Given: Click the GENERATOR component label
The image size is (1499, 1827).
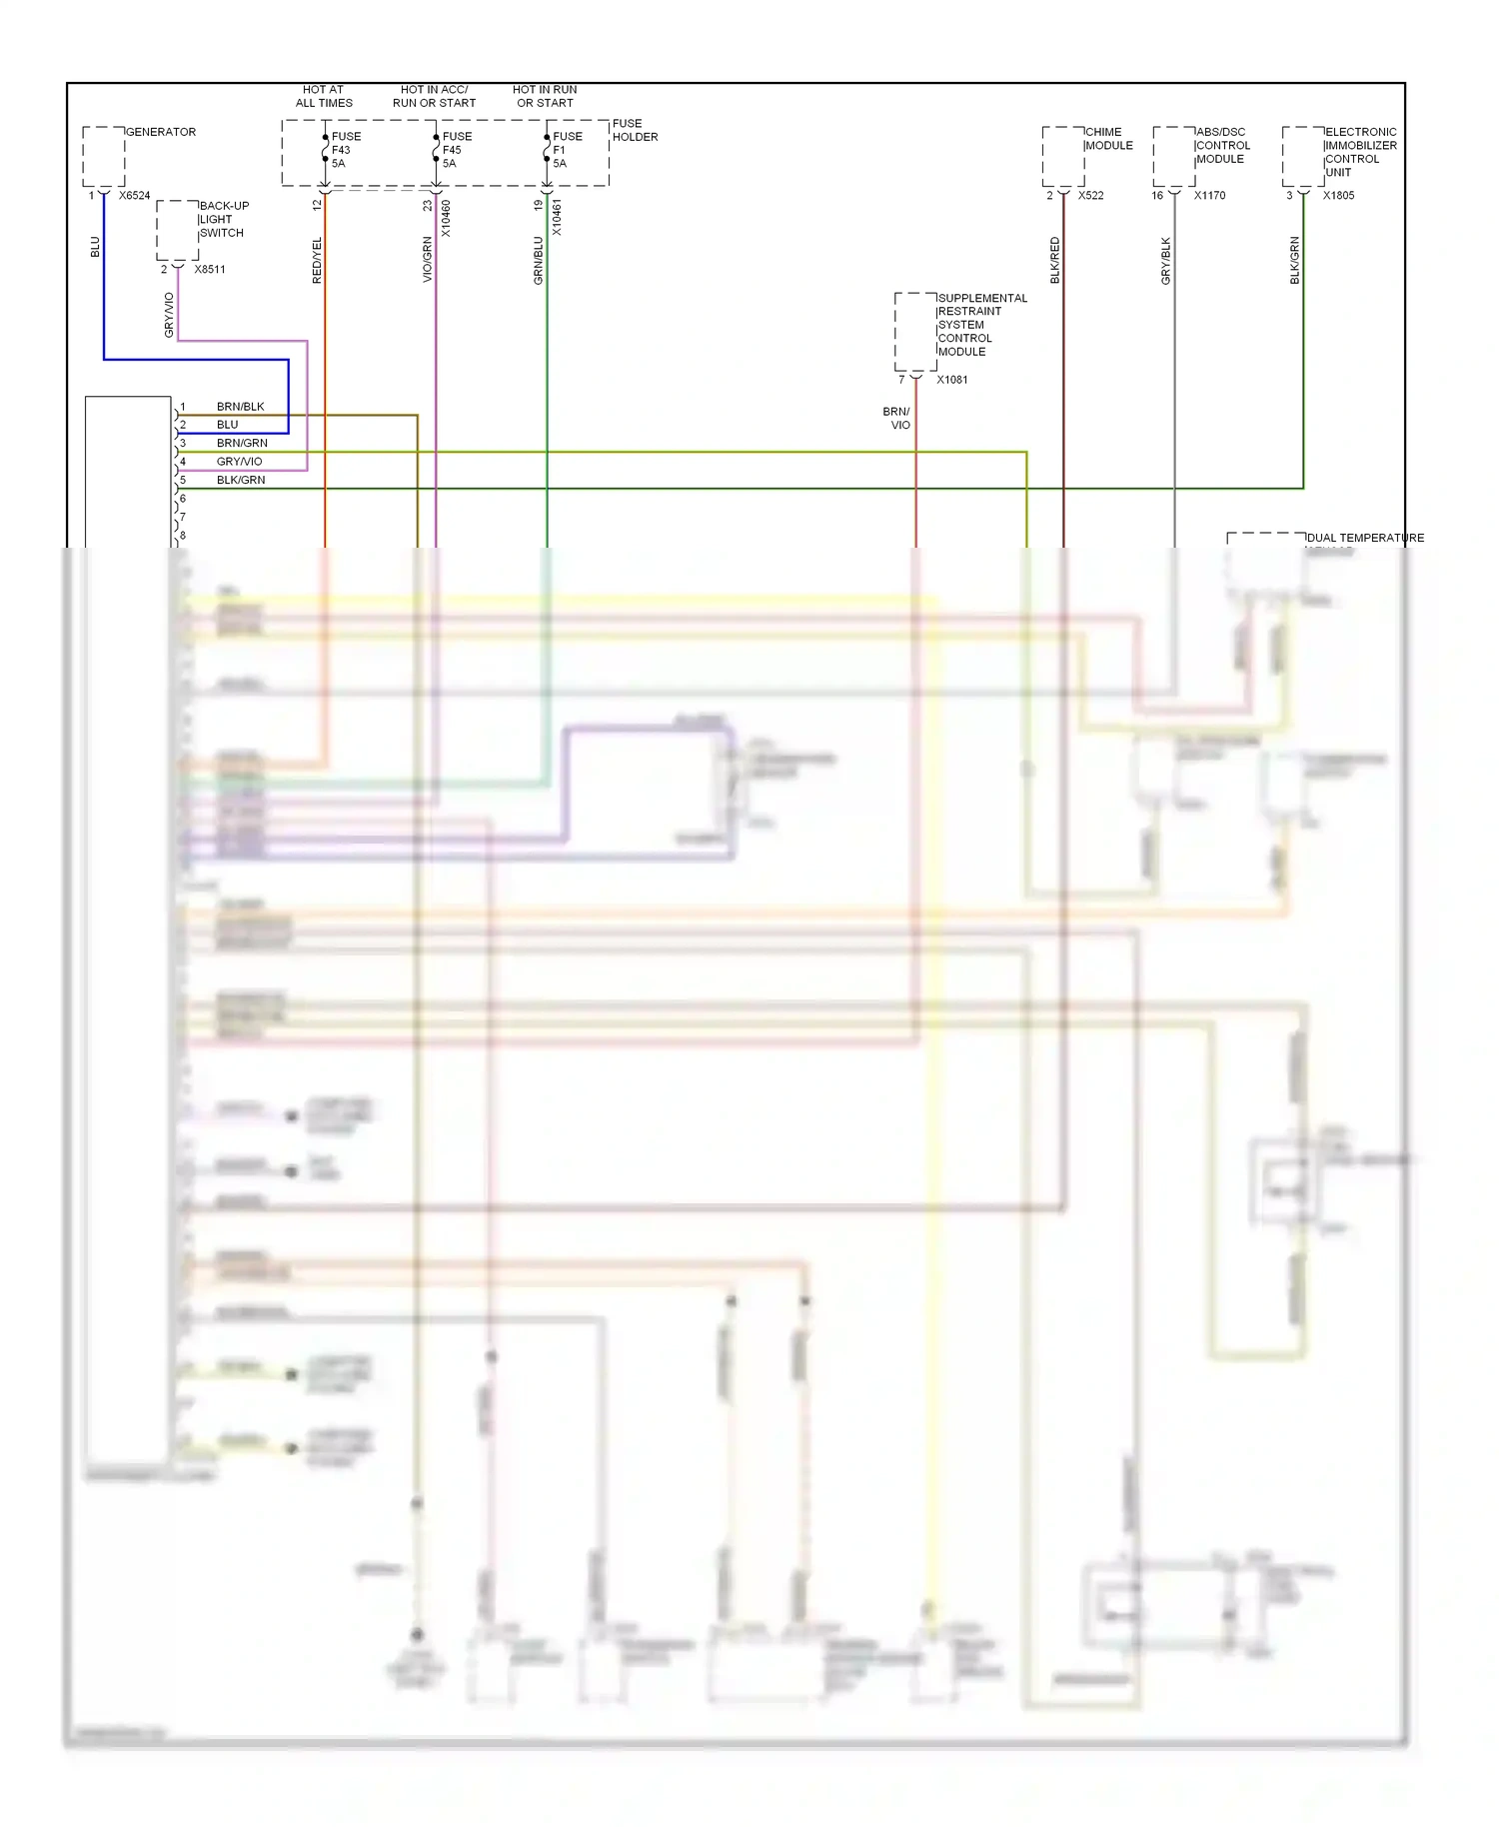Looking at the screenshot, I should pos(161,132).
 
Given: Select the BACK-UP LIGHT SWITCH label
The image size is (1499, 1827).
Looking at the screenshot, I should pos(223,220).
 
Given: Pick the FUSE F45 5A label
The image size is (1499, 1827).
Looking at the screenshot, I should pos(455,150).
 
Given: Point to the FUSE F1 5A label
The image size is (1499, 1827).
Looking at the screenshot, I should pos(566,150).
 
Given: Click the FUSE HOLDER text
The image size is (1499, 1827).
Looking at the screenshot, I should pos(635,131).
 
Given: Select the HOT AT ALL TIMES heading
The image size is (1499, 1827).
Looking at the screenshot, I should pos(324,96).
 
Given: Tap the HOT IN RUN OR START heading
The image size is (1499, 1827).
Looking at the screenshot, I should pos(545,96).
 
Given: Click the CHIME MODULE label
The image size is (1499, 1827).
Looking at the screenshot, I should pos(1108,139).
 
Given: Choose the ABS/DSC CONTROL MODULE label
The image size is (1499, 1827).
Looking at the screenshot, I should pos(1222,146).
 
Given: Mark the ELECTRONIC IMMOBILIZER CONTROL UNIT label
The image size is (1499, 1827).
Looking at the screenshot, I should pos(1360,152).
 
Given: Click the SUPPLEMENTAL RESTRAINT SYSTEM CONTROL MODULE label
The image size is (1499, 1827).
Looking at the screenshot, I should pos(981,325).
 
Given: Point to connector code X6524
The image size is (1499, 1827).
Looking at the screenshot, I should pos(134,196).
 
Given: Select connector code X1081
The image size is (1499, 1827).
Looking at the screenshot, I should pos(951,380).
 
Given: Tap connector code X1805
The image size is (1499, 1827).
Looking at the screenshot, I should pos(1338,196).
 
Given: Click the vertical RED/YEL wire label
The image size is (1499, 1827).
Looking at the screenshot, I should pos(318,260).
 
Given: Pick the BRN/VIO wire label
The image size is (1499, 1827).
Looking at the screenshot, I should pos(897,419).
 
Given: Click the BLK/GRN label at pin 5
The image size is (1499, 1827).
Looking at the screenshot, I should pos(241,481).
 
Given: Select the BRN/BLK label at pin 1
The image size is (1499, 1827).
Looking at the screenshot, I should pos(240,407).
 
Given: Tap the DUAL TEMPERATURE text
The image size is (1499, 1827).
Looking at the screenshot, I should pos(1364,538).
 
